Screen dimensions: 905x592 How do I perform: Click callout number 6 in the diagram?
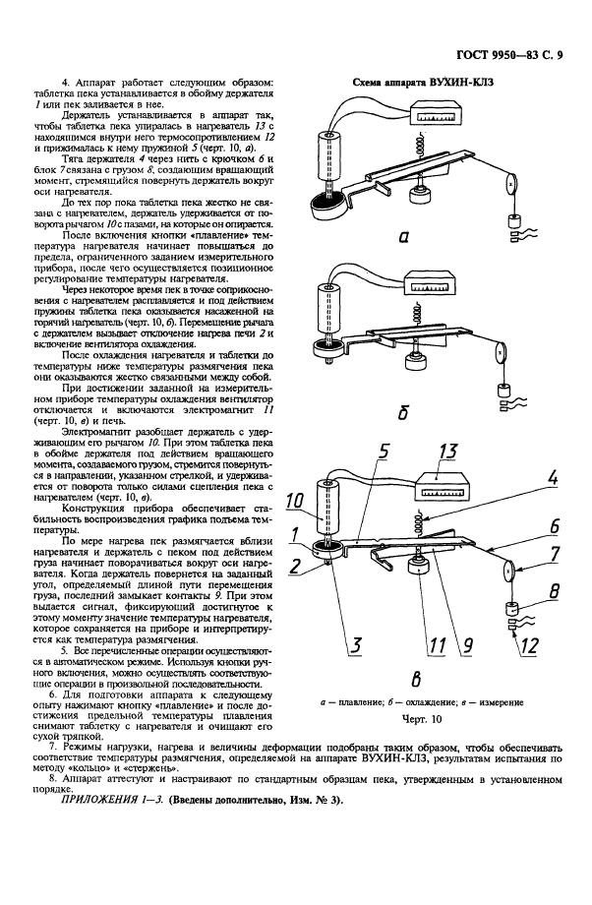pyautogui.click(x=555, y=524)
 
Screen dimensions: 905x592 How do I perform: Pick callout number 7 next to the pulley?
pyautogui.click(x=555, y=557)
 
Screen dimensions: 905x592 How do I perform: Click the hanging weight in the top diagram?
pyautogui.click(x=513, y=222)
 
